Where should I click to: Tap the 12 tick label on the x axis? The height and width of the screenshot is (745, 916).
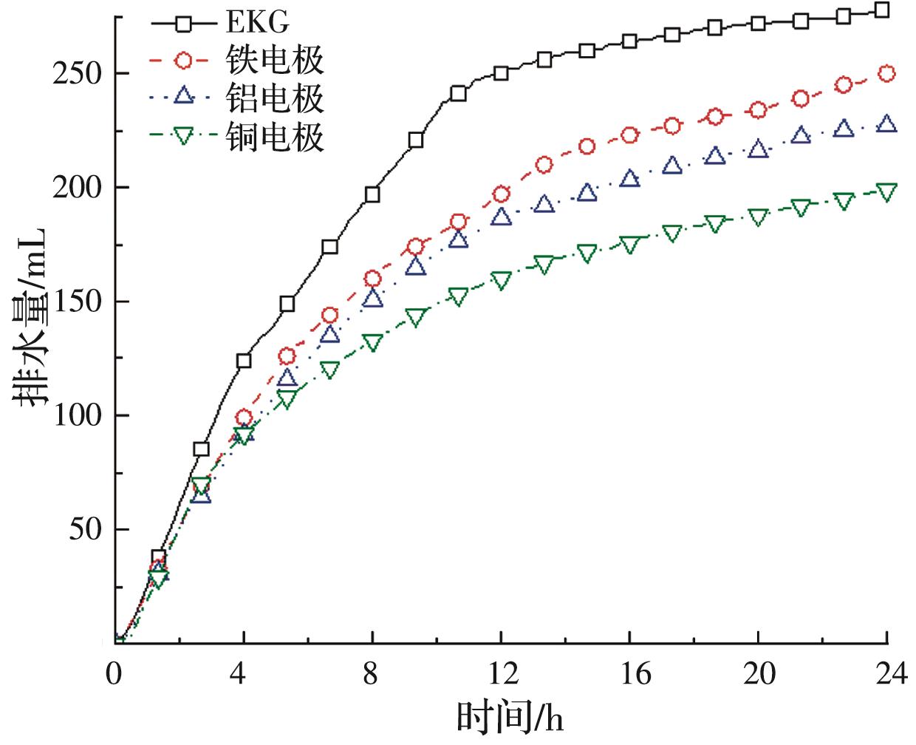[x=501, y=674]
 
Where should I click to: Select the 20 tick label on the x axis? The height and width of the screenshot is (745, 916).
[x=758, y=674]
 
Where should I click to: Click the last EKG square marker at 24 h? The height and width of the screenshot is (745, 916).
[x=881, y=10]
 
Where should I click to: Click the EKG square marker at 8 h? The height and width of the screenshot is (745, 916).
[x=372, y=195]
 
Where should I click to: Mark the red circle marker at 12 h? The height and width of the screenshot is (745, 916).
[x=502, y=194]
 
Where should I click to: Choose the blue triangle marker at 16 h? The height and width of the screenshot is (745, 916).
[x=629, y=178]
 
